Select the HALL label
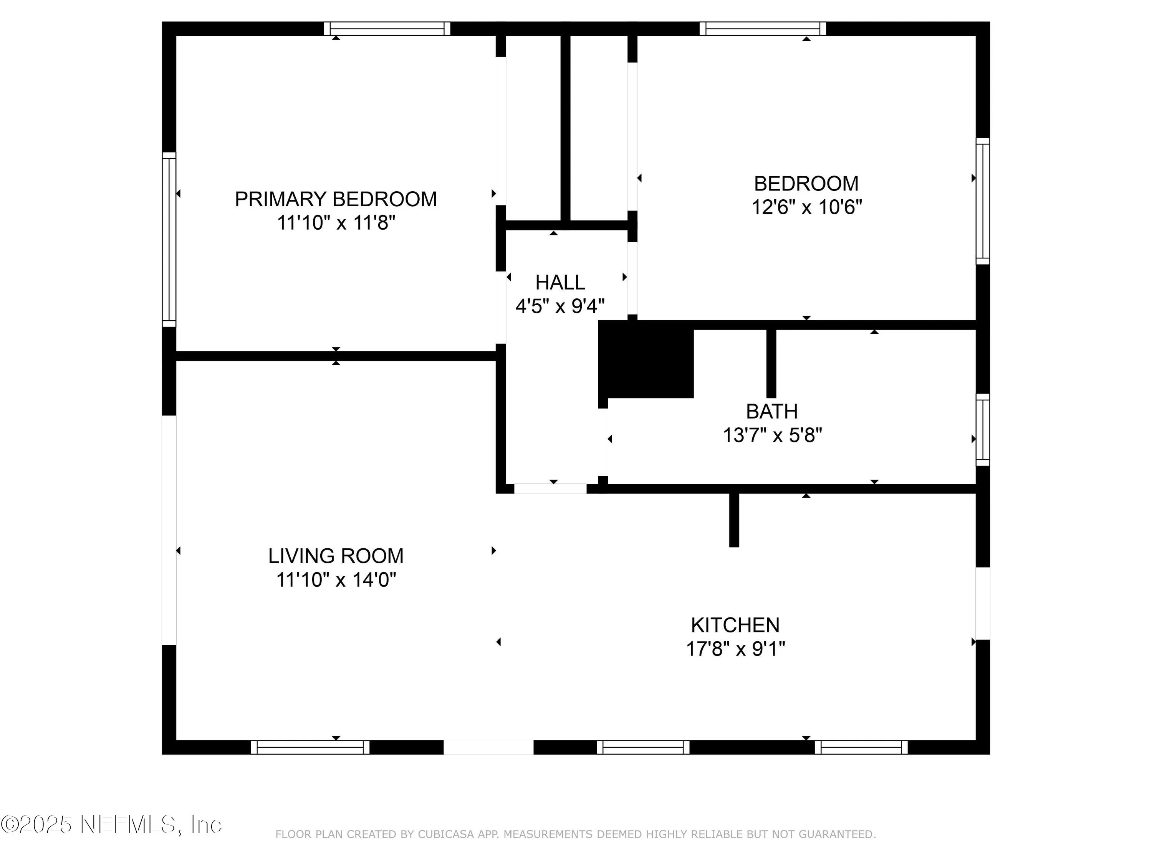(560, 283)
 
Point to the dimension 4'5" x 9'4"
(560, 306)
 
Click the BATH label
(771, 411)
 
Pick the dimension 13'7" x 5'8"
(772, 435)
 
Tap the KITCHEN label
(735, 625)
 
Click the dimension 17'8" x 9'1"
(735, 649)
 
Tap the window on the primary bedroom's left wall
(169, 240)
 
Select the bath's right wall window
(982, 430)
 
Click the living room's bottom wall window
(310, 747)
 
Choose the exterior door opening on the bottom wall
(488, 747)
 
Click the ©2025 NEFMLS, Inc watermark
(111, 824)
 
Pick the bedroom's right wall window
(982, 202)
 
